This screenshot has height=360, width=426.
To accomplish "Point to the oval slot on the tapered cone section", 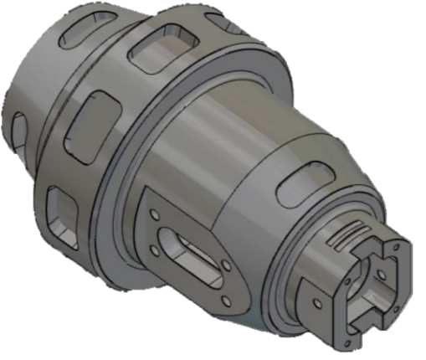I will pyautogui.click(x=298, y=183).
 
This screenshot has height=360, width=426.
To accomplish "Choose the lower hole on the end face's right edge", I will pyautogui.click(x=408, y=296).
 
